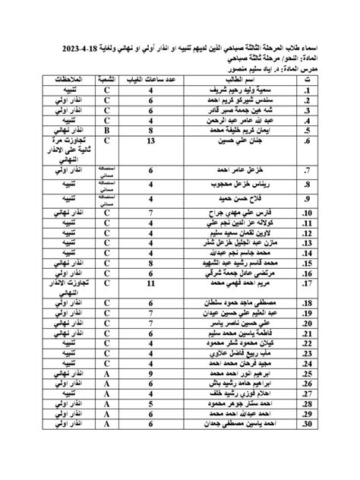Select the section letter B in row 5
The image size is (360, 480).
[108, 129]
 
